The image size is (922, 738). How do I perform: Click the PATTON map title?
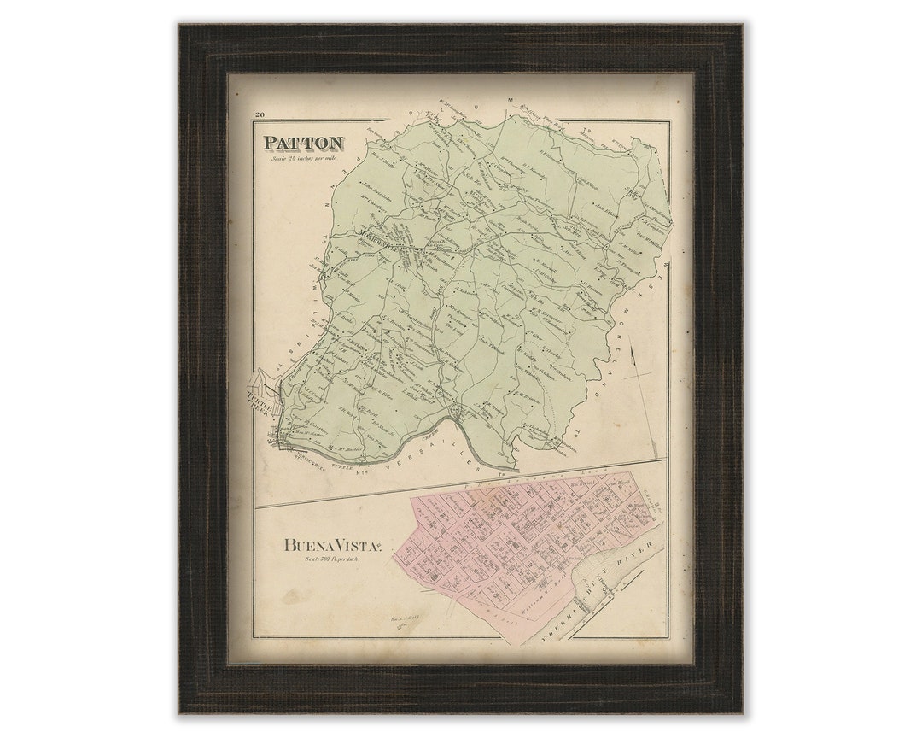(303, 143)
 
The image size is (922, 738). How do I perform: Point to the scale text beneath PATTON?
(300, 159)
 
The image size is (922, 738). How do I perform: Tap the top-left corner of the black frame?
(182, 28)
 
